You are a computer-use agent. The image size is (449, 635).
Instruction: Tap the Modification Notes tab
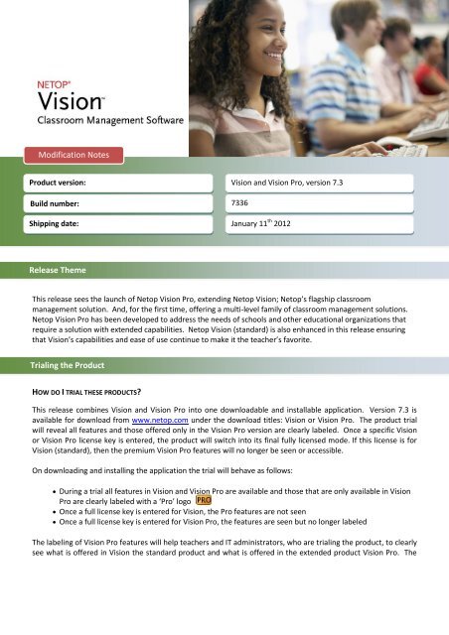point(75,155)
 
